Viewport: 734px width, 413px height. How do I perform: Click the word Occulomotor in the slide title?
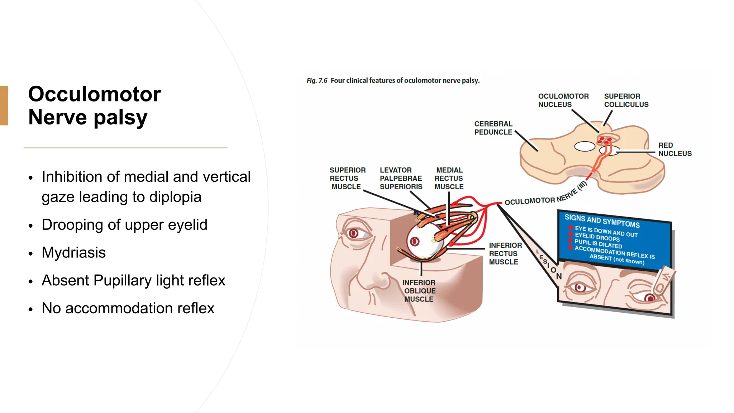coord(95,94)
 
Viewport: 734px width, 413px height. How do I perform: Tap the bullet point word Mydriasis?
coord(73,253)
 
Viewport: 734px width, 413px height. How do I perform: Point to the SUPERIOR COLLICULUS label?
coord(626,100)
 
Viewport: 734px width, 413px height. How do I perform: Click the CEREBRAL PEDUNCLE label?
coord(493,128)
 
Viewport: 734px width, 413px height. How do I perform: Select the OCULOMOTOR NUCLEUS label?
coord(563,100)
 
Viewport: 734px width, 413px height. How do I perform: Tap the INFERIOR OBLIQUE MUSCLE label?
coord(419,291)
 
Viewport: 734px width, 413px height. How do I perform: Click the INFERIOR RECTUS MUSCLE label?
coord(505,253)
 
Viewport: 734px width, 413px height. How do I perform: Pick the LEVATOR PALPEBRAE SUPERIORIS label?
coord(401,178)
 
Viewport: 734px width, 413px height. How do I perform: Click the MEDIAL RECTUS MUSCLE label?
coord(449,178)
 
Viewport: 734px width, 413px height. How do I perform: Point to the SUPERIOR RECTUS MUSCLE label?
coord(347,178)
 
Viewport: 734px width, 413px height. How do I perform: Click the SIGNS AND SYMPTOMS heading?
coord(602,221)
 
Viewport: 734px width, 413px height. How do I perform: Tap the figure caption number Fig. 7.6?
coord(317,81)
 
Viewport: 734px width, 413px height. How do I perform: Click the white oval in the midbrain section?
coord(585,146)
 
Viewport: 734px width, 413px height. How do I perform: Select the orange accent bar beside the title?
coord(4,105)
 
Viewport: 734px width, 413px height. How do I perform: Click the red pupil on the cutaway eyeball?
coord(415,241)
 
